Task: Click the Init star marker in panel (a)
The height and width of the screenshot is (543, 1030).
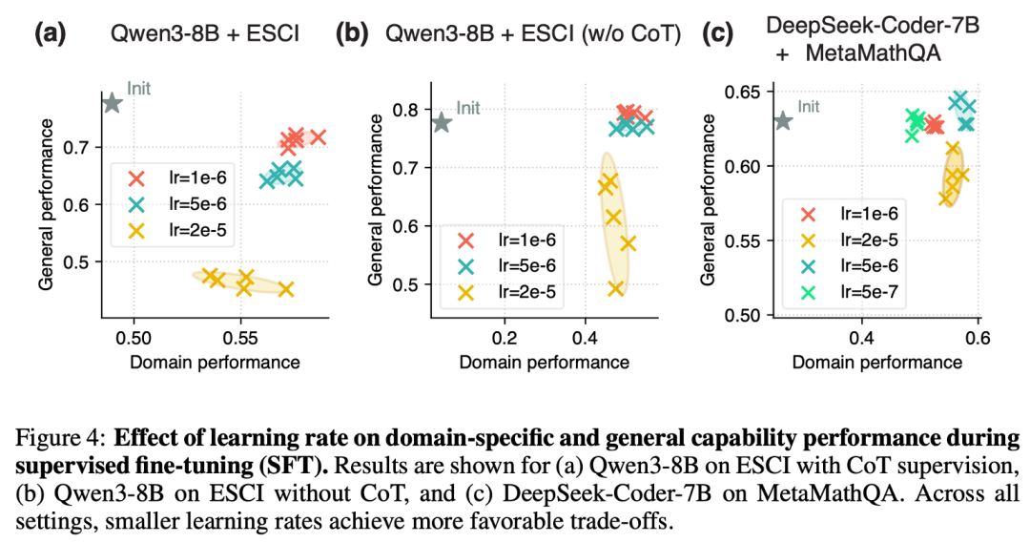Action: pyautogui.click(x=112, y=102)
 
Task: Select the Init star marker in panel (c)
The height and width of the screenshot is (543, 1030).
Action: pyautogui.click(x=782, y=121)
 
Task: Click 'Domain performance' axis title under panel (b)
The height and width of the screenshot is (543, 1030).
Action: pyautogui.click(x=544, y=362)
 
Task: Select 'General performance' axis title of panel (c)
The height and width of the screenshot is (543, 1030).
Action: pyautogui.click(x=707, y=202)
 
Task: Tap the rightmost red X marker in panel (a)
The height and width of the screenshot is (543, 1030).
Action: pyautogui.click(x=318, y=137)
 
